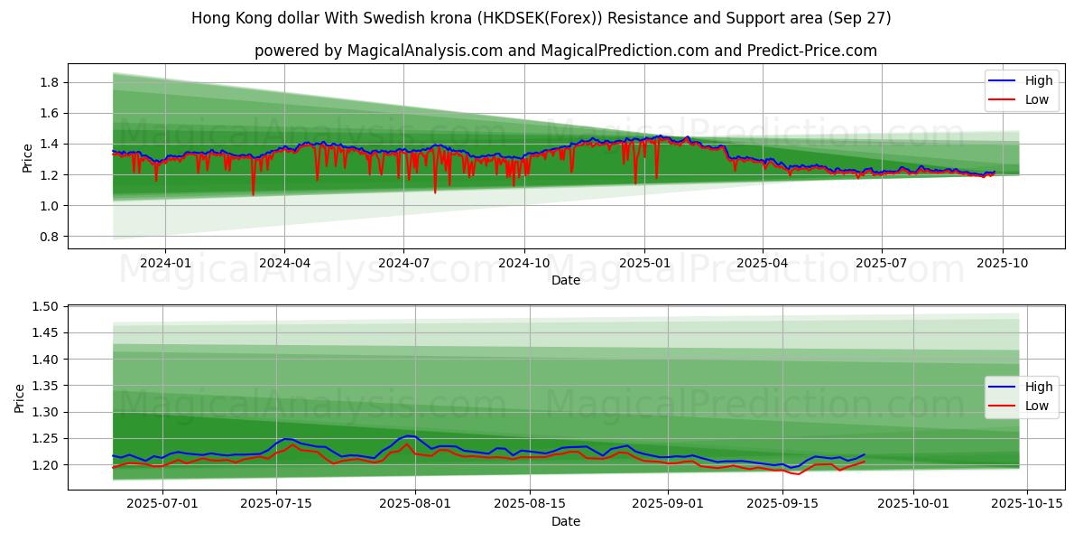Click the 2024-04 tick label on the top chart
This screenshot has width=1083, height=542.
click(x=284, y=263)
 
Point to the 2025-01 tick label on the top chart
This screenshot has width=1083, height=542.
click(x=644, y=263)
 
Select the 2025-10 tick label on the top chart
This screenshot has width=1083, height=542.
click(x=1001, y=263)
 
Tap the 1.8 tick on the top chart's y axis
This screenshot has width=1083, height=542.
click(x=48, y=83)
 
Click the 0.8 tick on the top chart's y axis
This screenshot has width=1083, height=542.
click(x=48, y=237)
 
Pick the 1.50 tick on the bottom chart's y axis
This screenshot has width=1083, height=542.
click(x=44, y=307)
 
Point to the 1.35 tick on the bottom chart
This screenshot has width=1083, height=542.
click(x=44, y=386)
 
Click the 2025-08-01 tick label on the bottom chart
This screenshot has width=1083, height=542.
click(x=416, y=504)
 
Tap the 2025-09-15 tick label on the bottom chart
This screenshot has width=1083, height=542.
click(x=780, y=504)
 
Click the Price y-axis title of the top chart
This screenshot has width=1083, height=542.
click(x=28, y=158)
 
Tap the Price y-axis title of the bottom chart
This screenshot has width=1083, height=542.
click(x=20, y=397)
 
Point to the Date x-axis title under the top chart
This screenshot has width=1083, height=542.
click(x=566, y=281)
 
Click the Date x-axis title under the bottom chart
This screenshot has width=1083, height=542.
click(x=566, y=521)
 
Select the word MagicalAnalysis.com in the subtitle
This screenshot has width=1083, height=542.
click(x=423, y=51)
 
